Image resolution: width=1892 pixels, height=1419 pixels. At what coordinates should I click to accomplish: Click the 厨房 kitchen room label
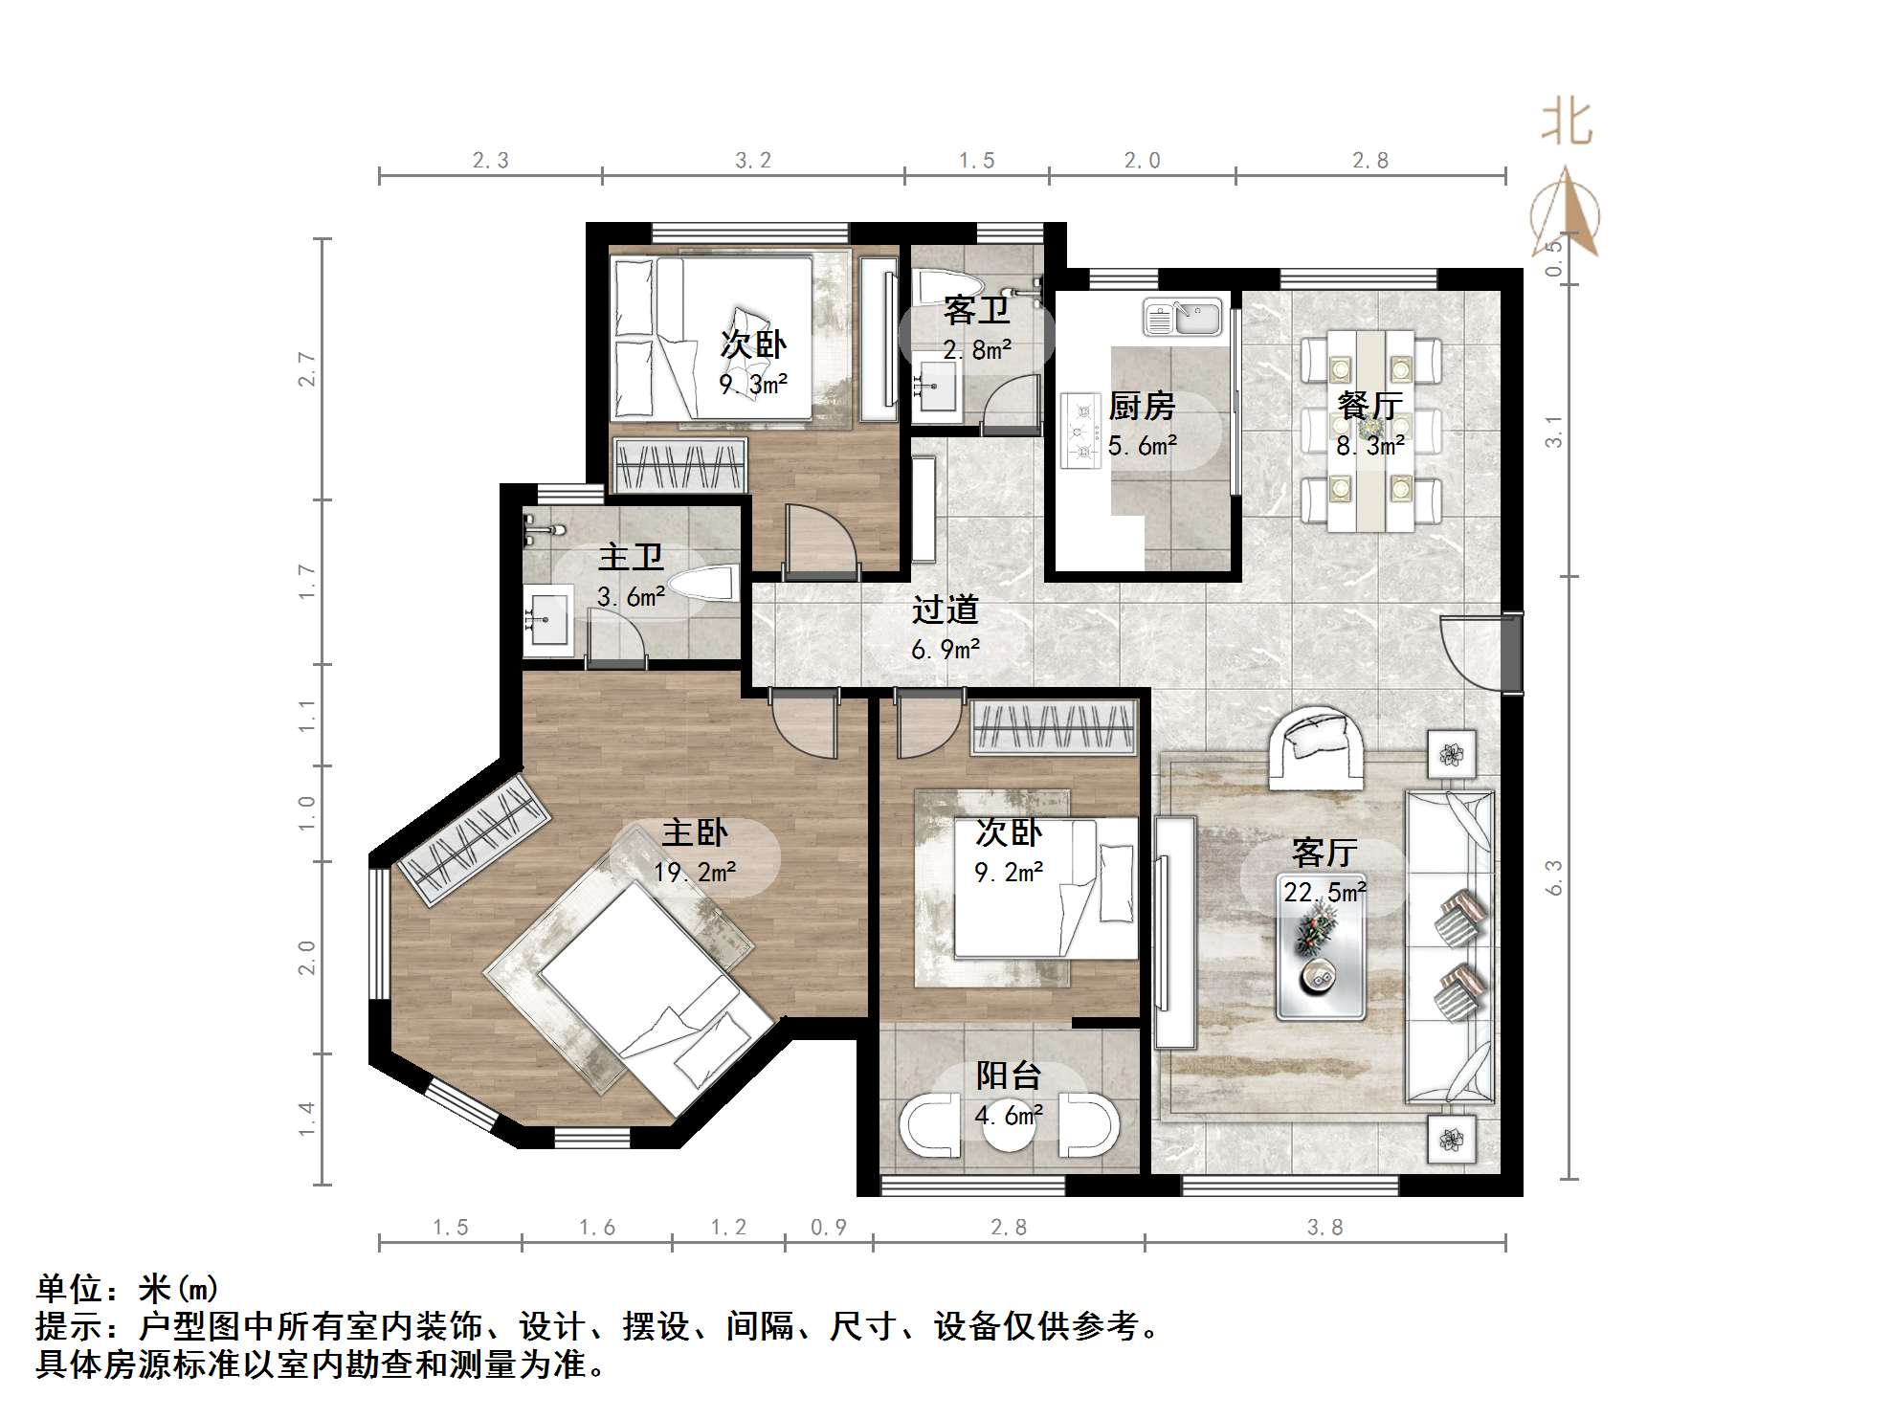tap(1141, 407)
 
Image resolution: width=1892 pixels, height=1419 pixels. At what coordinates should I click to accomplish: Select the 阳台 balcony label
tap(1008, 1075)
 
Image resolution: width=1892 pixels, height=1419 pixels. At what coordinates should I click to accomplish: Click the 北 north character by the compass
tap(1566, 123)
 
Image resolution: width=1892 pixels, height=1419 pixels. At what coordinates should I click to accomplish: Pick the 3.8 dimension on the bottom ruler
tap(1324, 1228)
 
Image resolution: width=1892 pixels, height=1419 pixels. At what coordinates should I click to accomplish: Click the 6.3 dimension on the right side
tap(1554, 877)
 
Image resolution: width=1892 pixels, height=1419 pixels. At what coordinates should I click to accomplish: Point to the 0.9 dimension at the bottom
tap(829, 1228)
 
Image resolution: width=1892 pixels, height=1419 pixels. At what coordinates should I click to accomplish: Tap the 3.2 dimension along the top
tap(753, 161)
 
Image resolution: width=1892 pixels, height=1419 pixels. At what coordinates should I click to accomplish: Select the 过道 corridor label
tap(945, 610)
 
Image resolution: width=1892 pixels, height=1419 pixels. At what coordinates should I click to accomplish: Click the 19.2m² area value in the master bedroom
tap(695, 873)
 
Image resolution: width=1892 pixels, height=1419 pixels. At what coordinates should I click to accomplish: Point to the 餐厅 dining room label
tap(1369, 406)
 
